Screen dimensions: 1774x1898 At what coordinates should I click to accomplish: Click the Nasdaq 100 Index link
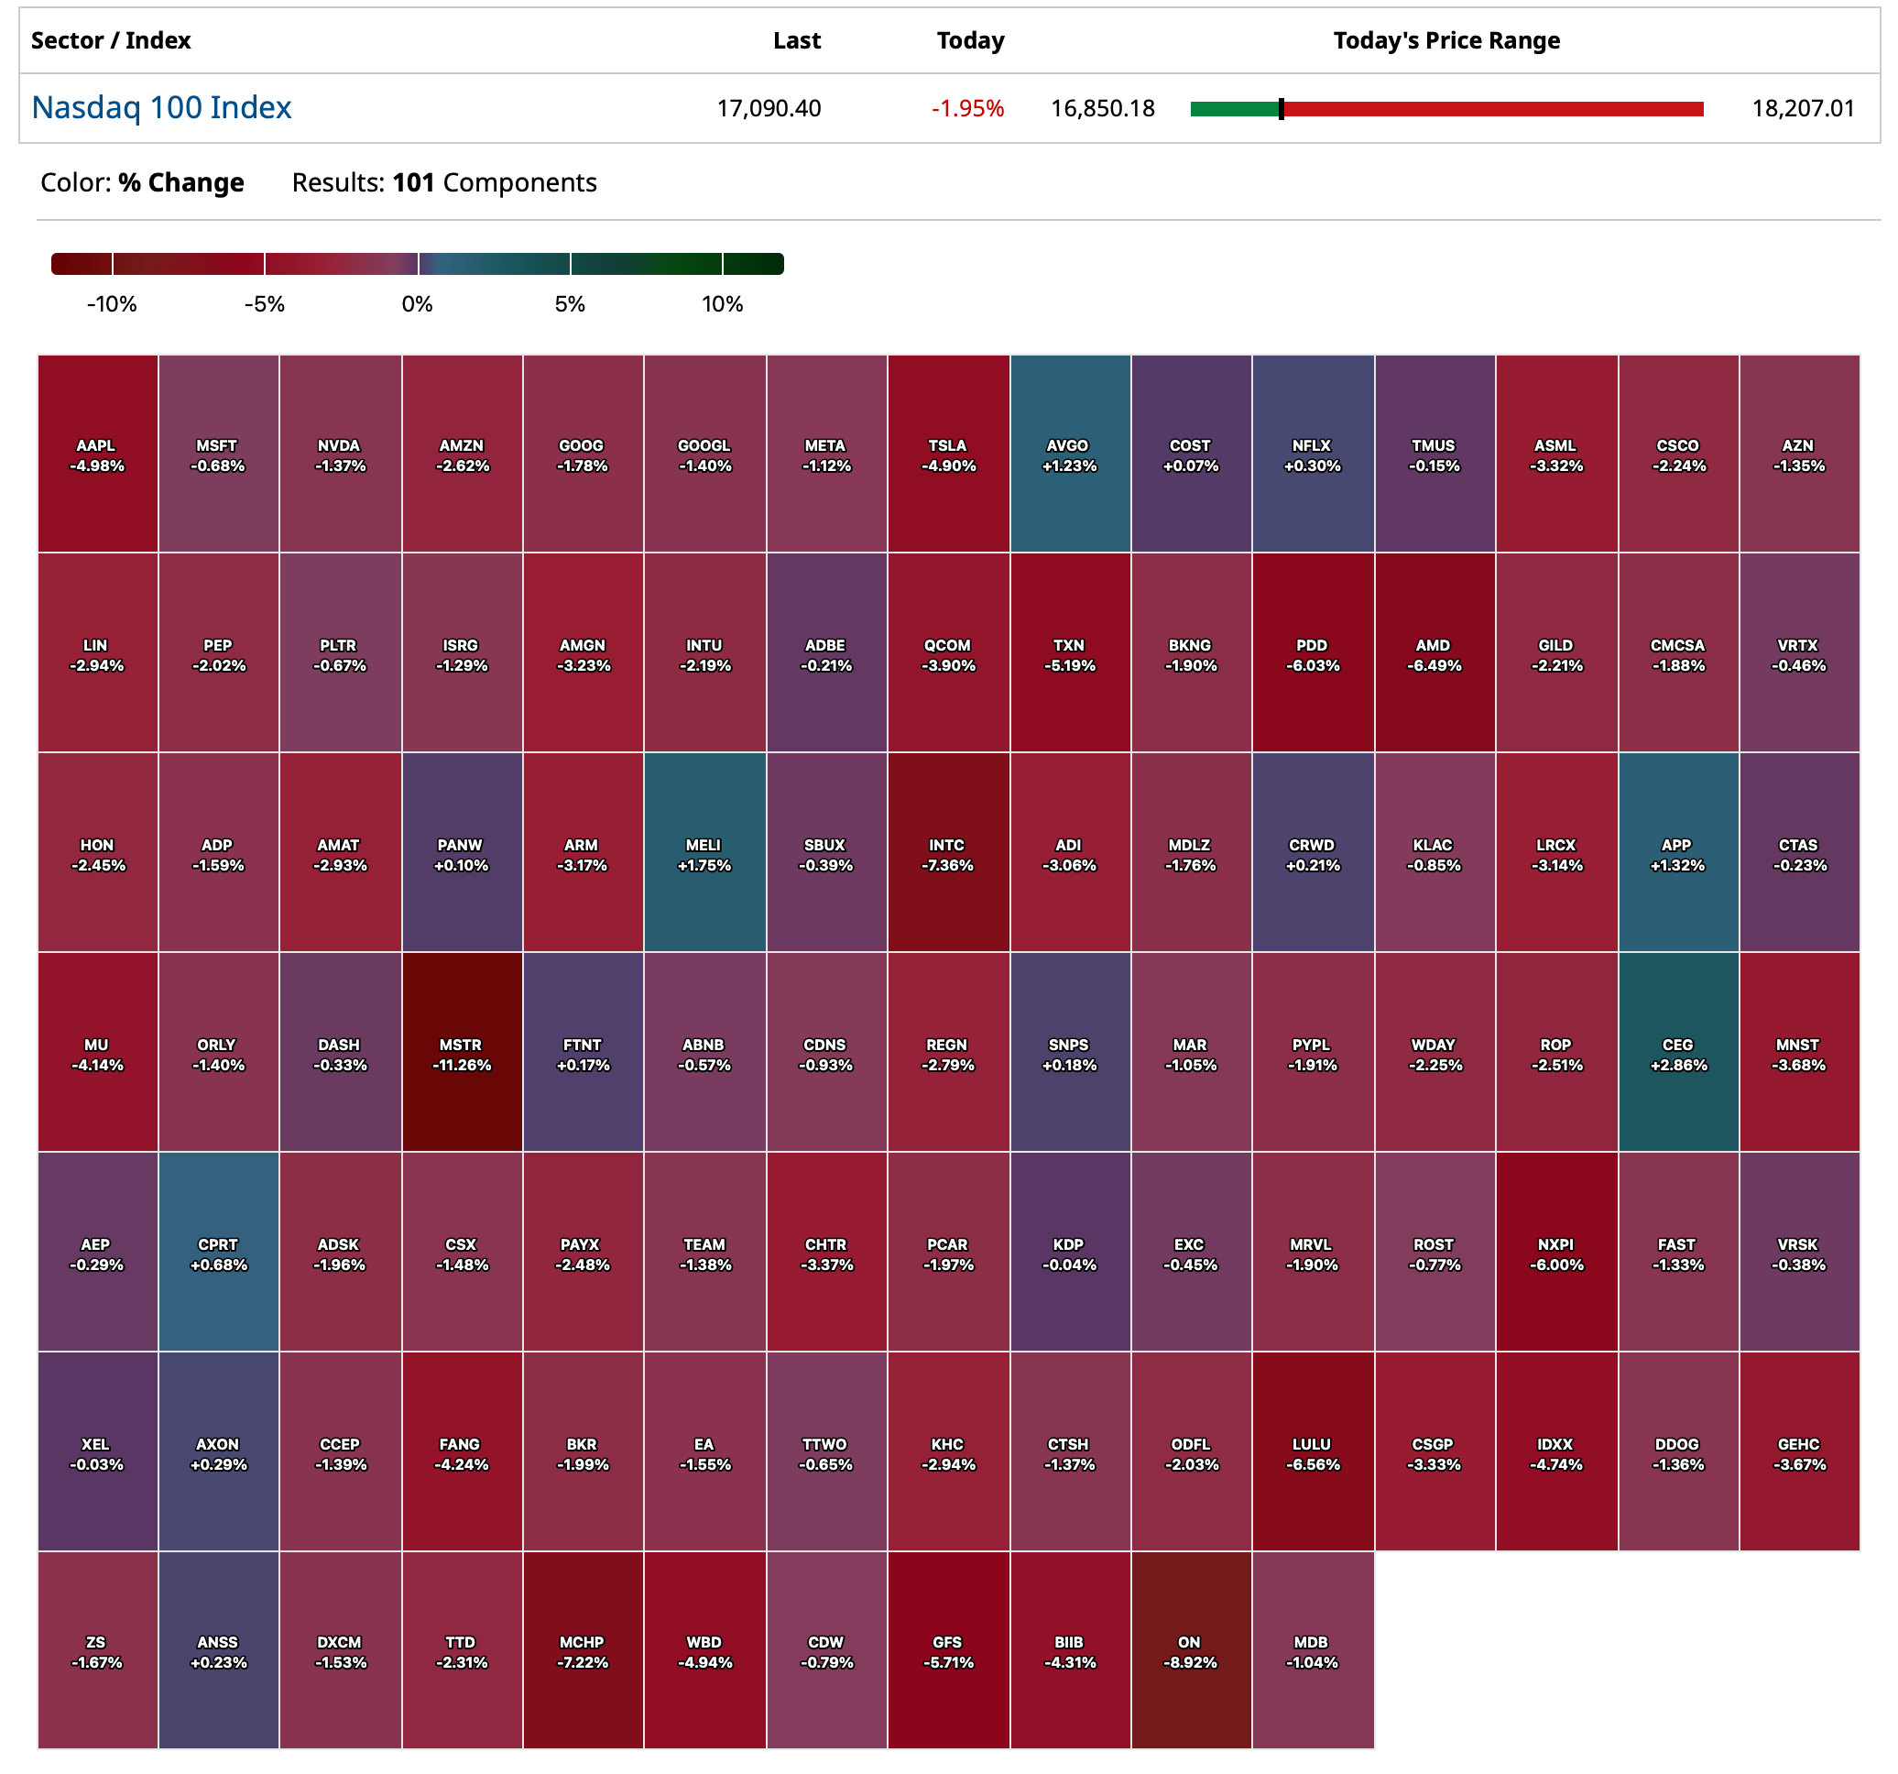coord(161,108)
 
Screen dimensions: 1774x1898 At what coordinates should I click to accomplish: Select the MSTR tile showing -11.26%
coord(462,1051)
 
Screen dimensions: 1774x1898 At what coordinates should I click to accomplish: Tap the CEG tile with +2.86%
coord(1677,1051)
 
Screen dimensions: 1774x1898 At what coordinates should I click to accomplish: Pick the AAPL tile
coord(96,454)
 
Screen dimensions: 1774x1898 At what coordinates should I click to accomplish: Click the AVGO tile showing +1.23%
coord(1069,454)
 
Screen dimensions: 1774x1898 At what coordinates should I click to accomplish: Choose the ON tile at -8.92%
coord(1191,1650)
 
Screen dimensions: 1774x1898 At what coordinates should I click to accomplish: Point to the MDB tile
coord(1312,1650)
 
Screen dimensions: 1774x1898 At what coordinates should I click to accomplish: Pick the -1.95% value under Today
coord(967,109)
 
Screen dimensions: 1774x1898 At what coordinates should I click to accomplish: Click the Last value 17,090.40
coord(769,109)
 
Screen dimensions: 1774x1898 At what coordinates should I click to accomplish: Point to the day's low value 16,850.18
coord(1103,109)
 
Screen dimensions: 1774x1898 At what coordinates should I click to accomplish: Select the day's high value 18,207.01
coord(1803,109)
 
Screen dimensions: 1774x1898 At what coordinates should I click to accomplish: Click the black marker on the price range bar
coord(1282,109)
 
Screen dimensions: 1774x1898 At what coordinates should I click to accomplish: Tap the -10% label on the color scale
coord(112,304)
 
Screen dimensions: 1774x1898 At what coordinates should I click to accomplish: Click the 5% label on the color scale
coord(570,304)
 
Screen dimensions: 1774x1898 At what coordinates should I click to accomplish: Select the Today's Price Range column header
coord(1446,41)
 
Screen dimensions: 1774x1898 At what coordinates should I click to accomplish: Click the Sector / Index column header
coord(111,41)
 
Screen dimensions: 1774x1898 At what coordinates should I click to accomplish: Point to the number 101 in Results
coord(413,182)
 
